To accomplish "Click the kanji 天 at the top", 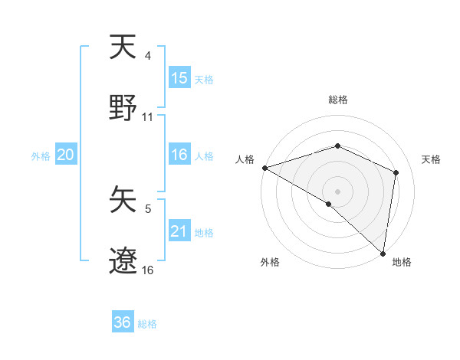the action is pos(123,47).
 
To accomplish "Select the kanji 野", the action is pos(123,108).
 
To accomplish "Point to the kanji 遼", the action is pos(123,260).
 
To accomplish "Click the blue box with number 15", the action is pos(179,78).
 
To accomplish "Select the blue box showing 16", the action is pos(179,155).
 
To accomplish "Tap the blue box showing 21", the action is pos(179,231).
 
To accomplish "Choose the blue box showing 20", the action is pos(66,155).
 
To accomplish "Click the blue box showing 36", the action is pos(123,322).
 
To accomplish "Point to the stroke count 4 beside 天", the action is pos(147,55).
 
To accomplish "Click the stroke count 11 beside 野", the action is pos(148,117).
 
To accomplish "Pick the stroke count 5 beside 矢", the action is pos(148,208).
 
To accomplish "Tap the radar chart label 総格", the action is pos(338,100).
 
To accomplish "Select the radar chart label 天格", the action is pos(431,159).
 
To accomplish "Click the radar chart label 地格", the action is pos(402,262).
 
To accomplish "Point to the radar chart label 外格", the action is pos(270,262).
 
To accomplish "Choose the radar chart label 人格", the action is pos(245,159).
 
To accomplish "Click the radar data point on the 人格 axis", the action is pos(264,168).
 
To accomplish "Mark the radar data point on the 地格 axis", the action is pos(383,253).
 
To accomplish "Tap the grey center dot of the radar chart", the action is pos(338,191).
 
